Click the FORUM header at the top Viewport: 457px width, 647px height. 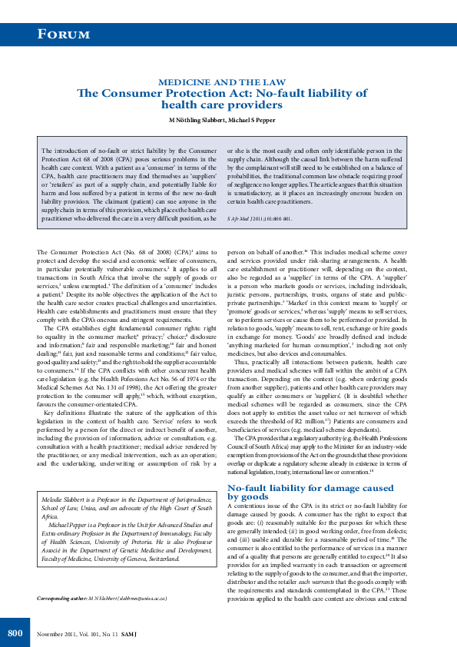pos(65,34)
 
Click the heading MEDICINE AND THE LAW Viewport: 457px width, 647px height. pos(222,82)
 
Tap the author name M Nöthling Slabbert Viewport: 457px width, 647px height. pos(197,121)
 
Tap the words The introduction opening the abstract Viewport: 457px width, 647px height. pos(67,151)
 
